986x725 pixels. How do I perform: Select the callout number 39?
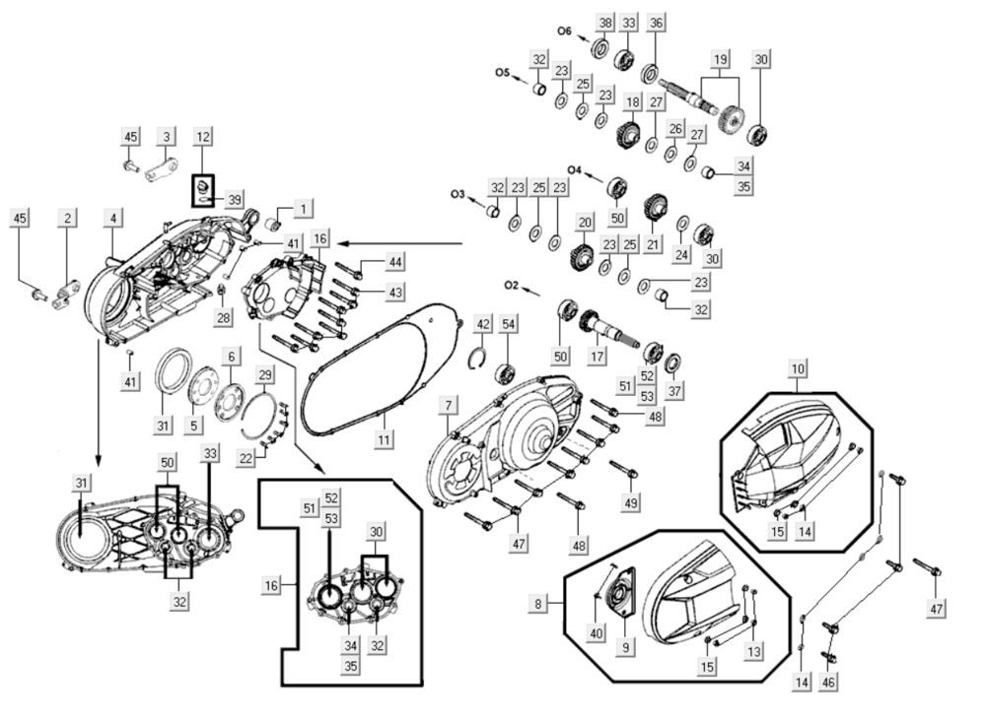(234, 200)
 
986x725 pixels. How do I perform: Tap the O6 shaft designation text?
(564, 32)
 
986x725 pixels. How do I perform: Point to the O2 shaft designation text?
(511, 285)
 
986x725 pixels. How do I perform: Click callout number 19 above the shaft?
(720, 58)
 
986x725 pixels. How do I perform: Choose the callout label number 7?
(449, 405)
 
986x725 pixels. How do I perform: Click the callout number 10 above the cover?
(798, 368)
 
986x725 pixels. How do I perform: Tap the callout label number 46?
(829, 682)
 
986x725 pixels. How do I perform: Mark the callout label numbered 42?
(483, 324)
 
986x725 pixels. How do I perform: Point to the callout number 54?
(508, 324)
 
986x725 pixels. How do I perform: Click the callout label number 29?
(265, 374)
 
